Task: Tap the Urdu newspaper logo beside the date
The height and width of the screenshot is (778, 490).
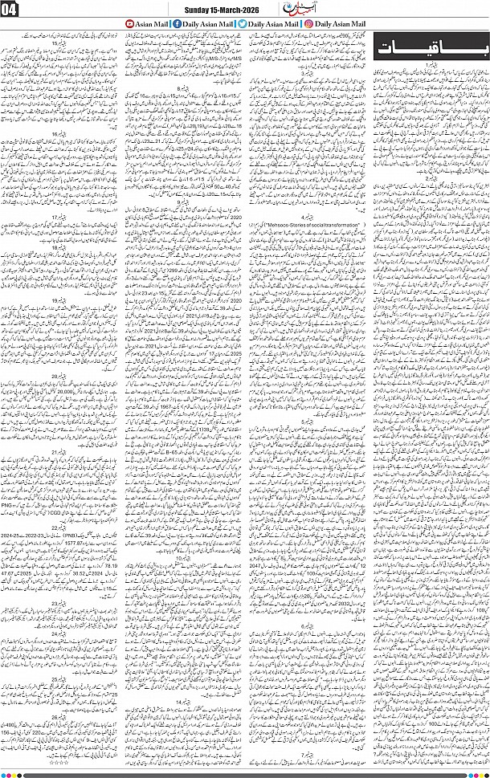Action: (279, 8)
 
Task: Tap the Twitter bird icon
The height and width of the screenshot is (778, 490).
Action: (242, 25)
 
